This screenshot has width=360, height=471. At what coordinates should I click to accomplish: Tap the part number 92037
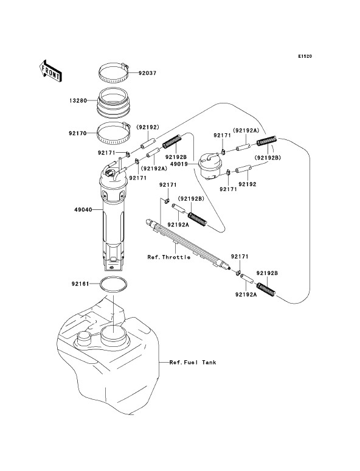click(147, 73)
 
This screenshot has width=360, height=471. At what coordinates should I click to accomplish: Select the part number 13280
click(78, 100)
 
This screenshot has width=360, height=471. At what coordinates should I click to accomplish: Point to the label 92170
click(78, 133)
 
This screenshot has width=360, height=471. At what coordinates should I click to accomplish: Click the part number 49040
click(83, 210)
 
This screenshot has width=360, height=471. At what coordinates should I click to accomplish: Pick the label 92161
click(80, 284)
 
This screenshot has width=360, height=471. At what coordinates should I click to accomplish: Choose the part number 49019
click(179, 164)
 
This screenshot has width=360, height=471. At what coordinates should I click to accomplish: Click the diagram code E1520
click(305, 56)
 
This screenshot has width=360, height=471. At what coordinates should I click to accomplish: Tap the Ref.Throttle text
click(168, 257)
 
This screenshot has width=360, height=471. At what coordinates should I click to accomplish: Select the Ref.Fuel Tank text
click(193, 362)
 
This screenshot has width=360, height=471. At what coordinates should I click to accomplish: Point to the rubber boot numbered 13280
click(114, 102)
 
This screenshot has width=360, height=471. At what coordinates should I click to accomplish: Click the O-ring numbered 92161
click(113, 284)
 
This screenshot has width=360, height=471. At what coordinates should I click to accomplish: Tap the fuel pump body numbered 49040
click(112, 216)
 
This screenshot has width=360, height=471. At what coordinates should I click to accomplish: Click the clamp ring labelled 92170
click(114, 133)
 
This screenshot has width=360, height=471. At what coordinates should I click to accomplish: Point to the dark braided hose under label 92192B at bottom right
click(266, 289)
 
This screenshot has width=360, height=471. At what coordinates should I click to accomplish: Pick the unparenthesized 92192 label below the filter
click(247, 184)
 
